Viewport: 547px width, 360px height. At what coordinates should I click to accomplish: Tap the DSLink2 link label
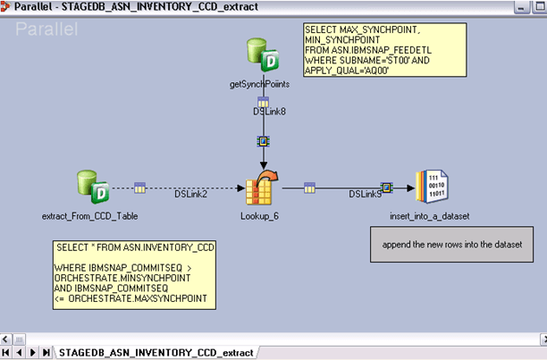[x=190, y=193]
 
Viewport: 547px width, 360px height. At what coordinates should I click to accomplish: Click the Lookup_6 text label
[x=260, y=216]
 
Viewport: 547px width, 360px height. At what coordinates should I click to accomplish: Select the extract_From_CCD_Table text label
[x=89, y=216]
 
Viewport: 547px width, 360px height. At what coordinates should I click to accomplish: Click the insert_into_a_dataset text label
[x=430, y=216]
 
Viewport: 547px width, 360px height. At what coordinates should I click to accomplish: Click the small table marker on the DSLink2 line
[x=140, y=188]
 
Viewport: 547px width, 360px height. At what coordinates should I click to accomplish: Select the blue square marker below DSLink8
[x=263, y=141]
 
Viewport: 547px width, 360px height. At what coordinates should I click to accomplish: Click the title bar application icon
[x=7, y=7]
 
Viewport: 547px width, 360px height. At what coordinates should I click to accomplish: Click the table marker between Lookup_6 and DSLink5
[x=309, y=188]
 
